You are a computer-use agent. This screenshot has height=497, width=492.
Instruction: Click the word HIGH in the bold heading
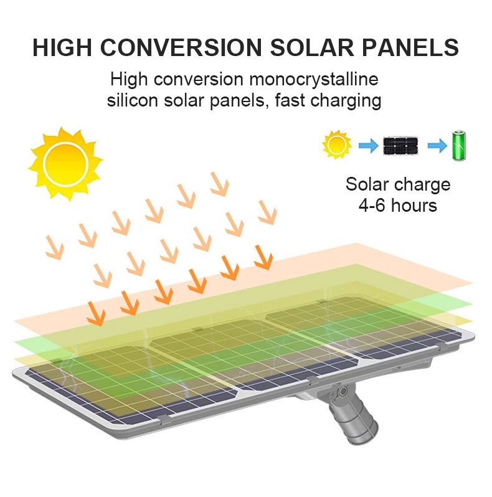pyautogui.click(x=62, y=47)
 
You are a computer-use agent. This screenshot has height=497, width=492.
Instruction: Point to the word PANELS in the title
pyautogui.click(x=410, y=47)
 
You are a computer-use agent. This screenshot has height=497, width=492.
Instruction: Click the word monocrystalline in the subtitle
pyautogui.click(x=314, y=79)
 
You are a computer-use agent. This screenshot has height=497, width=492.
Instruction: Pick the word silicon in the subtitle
pyautogui.click(x=133, y=100)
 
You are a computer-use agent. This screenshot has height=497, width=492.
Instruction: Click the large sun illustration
pyautogui.click(x=65, y=164)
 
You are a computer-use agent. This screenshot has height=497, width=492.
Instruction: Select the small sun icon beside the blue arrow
pyautogui.click(x=337, y=145)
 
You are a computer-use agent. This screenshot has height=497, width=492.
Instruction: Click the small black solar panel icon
pyautogui.click(x=400, y=146)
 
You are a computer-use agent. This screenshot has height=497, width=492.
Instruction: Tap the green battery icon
pyautogui.click(x=459, y=145)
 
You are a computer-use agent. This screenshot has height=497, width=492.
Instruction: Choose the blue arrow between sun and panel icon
pyautogui.click(x=368, y=146)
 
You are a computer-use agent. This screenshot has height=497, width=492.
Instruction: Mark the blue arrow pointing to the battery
pyautogui.click(x=437, y=146)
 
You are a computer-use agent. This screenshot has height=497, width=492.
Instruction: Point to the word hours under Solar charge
pyautogui.click(x=414, y=205)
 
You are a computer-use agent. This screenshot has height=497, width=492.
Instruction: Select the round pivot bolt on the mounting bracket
pyautogui.click(x=343, y=392)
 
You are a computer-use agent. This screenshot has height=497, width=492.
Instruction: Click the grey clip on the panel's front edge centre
pyautogui.click(x=313, y=380)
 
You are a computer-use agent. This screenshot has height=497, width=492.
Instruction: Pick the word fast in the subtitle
pyautogui.click(x=290, y=100)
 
